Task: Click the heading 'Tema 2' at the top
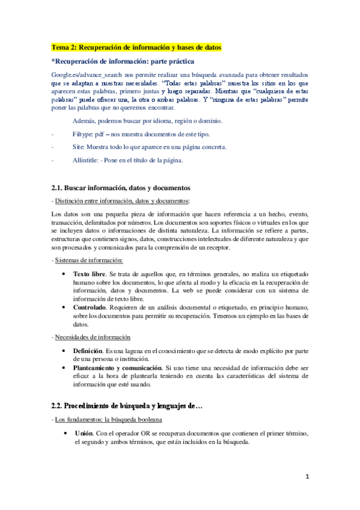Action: click(136, 46)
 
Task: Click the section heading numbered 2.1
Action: click(121, 188)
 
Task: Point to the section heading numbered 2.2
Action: click(127, 407)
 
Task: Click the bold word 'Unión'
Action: click(84, 433)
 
